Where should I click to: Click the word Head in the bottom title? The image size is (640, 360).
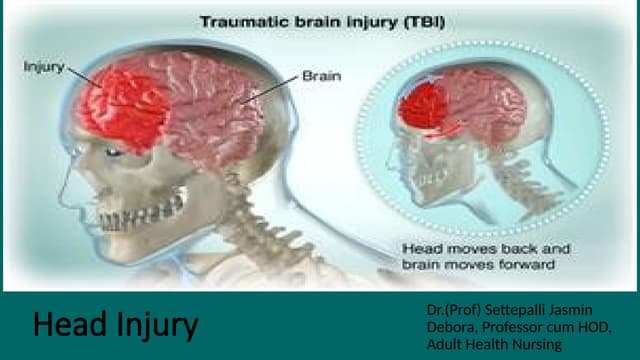69,325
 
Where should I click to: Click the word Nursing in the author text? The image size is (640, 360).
536,344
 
